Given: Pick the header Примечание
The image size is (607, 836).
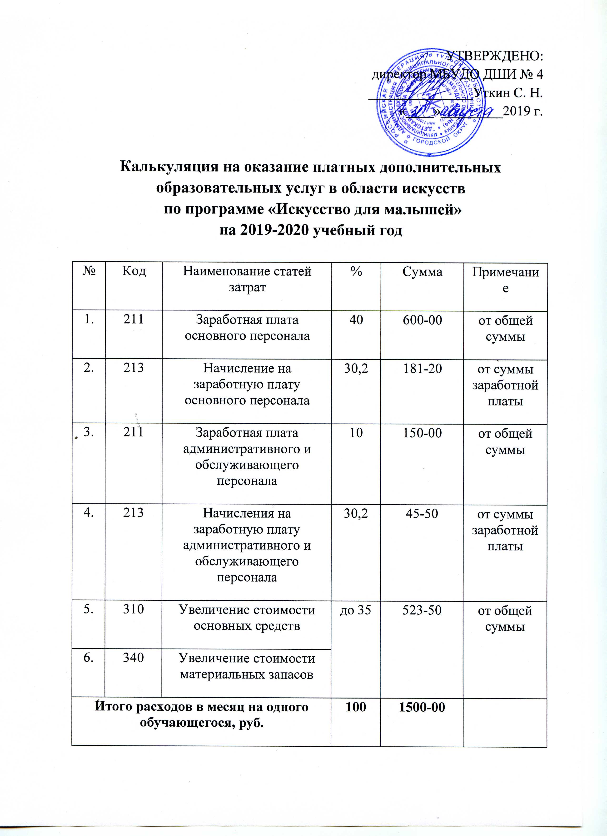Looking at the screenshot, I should click(505, 280).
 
